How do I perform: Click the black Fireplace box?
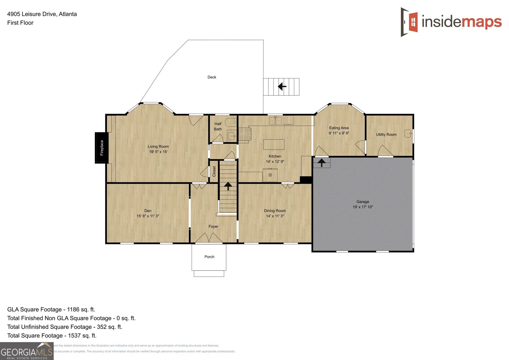pyautogui.click(x=101, y=148)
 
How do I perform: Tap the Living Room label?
pyautogui.click(x=158, y=147)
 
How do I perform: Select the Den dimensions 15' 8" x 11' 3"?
pyautogui.click(x=148, y=216)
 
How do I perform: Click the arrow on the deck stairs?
pyautogui.click(x=282, y=86)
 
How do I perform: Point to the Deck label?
pyautogui.click(x=212, y=77)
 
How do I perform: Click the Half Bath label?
pyautogui.click(x=218, y=127)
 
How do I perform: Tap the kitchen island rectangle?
pyautogui.click(x=274, y=144)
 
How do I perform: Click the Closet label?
pyautogui.click(x=214, y=171)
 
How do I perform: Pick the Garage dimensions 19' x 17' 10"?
pyautogui.click(x=363, y=207)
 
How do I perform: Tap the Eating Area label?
pyautogui.click(x=339, y=128)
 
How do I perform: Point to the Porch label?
pyautogui.click(x=209, y=257)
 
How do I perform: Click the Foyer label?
pyautogui.click(x=213, y=227)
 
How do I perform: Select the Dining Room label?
pyautogui.click(x=275, y=211)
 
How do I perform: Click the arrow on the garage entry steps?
pyautogui.click(x=322, y=163)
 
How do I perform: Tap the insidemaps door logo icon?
pyautogui.click(x=409, y=22)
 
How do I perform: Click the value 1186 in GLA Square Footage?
pyautogui.click(x=73, y=309)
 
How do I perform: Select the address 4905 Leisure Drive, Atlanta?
pyautogui.click(x=42, y=14)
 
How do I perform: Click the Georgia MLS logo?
pyautogui.click(x=27, y=351)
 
